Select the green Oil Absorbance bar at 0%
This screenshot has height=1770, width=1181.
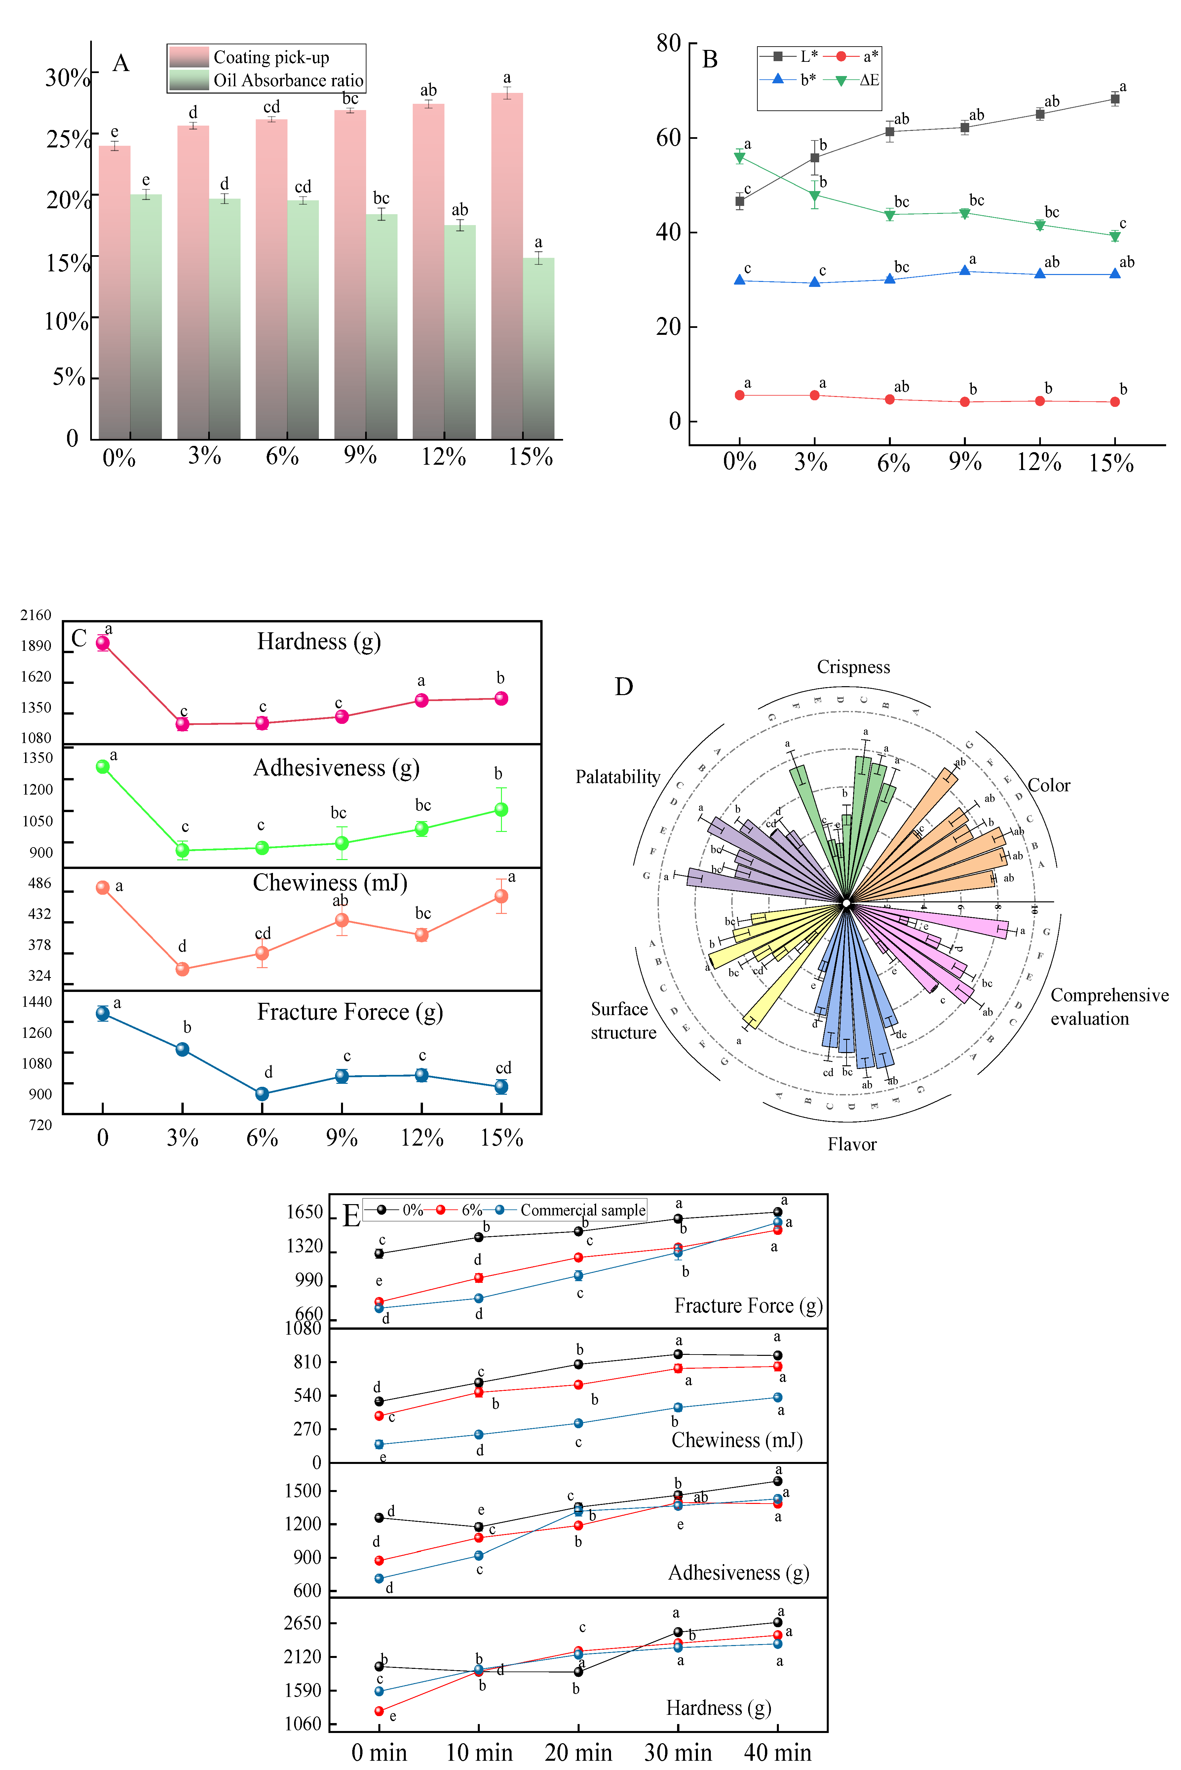pyautogui.click(x=146, y=316)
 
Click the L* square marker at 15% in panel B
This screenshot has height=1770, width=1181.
pyautogui.click(x=1115, y=99)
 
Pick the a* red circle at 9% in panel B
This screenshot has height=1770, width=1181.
pyautogui.click(x=965, y=402)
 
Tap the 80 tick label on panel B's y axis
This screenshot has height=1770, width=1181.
pyautogui.click(x=668, y=44)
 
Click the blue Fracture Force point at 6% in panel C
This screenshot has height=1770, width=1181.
pyautogui.click(x=262, y=1094)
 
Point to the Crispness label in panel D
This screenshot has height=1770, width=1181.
pyautogui.click(x=853, y=667)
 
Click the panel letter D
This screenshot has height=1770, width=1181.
pyautogui.click(x=624, y=687)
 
